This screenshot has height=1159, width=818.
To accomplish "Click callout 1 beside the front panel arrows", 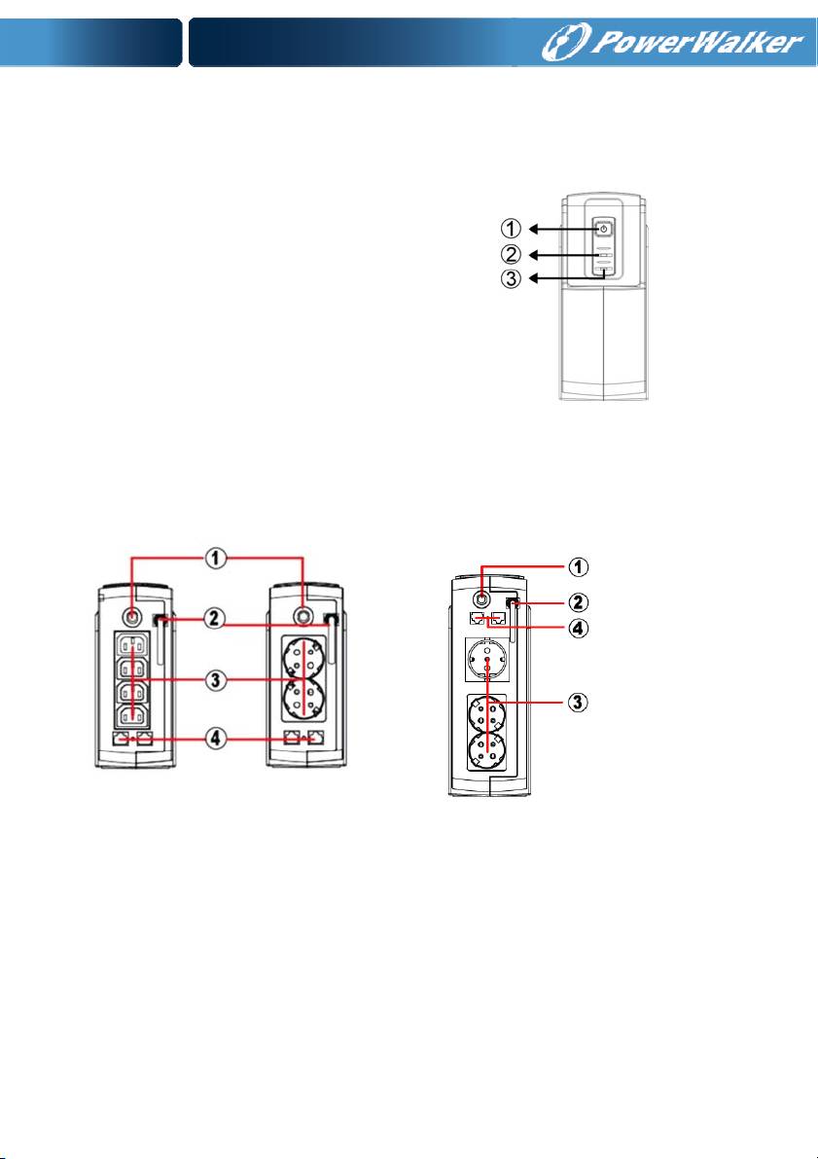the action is click(x=512, y=229).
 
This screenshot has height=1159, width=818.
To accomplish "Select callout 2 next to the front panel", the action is click(x=512, y=254).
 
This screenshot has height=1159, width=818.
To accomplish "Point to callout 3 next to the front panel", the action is click(x=512, y=279).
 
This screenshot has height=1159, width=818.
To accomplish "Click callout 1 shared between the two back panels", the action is click(x=216, y=559).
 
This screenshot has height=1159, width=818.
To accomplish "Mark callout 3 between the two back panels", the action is click(x=216, y=680).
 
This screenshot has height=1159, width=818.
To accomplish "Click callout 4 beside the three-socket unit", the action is click(x=581, y=630).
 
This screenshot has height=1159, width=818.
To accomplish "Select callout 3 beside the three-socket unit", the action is click(x=581, y=702).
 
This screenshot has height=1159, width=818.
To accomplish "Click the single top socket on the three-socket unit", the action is click(x=485, y=661).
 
